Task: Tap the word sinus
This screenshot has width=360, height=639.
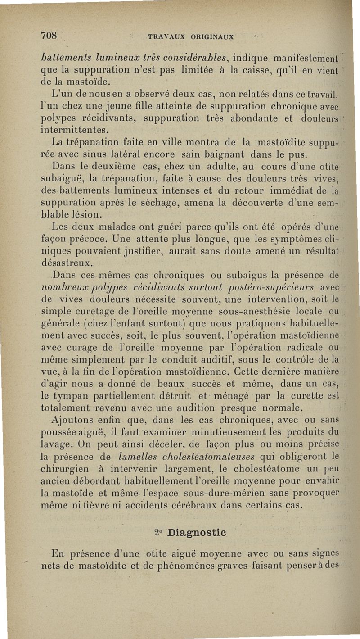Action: tap(103, 154)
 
